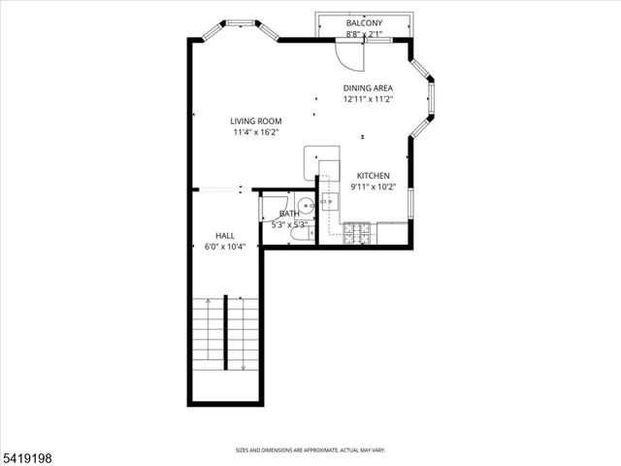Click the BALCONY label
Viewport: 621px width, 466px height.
(364, 23)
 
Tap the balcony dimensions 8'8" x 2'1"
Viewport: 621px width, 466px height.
(364, 34)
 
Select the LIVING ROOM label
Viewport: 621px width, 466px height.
(256, 121)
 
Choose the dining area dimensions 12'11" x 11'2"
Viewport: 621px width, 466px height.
(368, 99)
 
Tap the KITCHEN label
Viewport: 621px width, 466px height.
(373, 176)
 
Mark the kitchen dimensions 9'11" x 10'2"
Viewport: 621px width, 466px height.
(373, 186)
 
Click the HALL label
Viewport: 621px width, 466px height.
(225, 236)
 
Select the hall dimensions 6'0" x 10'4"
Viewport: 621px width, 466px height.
(225, 247)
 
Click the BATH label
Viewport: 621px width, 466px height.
(289, 214)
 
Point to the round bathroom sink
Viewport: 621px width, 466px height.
(305, 205)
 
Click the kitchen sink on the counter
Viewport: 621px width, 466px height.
(330, 202)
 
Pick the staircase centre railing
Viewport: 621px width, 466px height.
(226, 330)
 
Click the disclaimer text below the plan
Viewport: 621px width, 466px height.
(310, 449)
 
